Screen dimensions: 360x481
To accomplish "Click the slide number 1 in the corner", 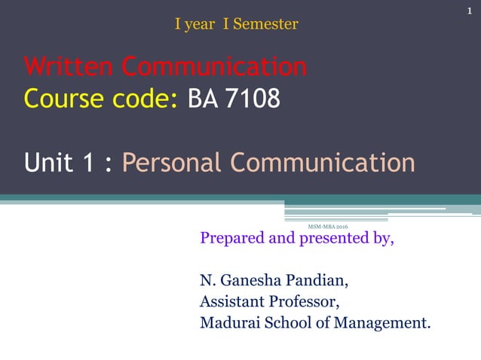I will point(468,9).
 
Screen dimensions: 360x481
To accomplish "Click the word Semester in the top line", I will point(265,24).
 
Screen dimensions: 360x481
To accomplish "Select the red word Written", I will point(69,67).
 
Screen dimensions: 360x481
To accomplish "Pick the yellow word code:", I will point(142,98).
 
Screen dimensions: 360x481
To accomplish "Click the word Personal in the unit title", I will point(172,162).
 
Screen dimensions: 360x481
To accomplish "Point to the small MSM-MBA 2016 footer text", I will point(328,226).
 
